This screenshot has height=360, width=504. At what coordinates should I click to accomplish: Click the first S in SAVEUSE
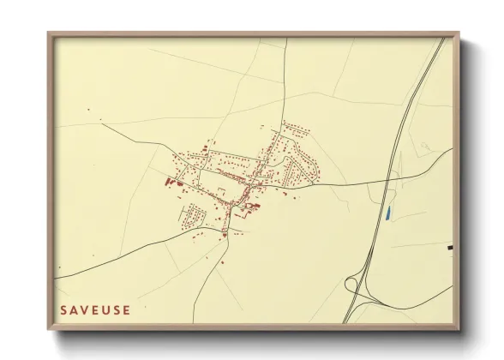tap(63, 310)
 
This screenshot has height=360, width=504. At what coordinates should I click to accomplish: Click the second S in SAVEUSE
tap(116, 310)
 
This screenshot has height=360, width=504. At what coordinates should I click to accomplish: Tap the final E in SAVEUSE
tap(126, 310)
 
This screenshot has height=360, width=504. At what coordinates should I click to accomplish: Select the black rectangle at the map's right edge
tap(450, 247)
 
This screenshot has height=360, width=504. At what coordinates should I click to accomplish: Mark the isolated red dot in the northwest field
tap(87, 109)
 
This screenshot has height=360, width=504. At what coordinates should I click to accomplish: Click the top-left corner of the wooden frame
tap(49, 33)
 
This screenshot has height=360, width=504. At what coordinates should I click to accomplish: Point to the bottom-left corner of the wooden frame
tap(49, 330)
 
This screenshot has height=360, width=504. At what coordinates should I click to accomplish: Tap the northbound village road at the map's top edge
tap(285, 39)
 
